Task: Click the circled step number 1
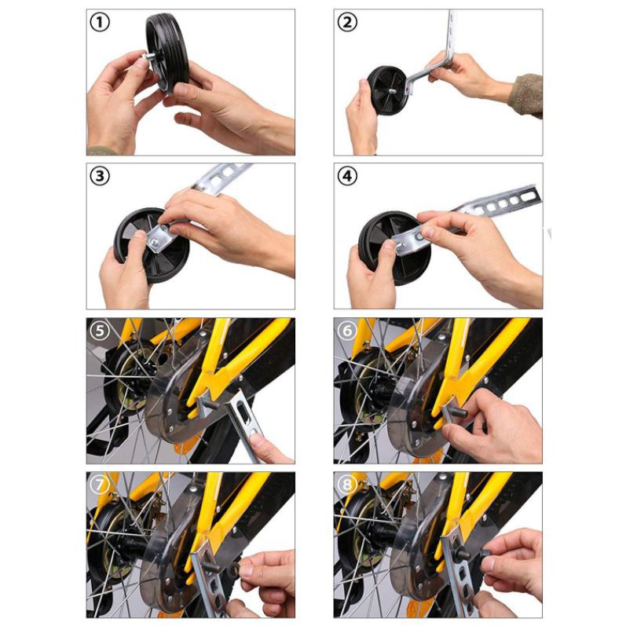(100, 22)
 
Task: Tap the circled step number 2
(347, 22)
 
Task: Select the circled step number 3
(100, 176)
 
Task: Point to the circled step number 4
(347, 176)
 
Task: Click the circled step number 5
(100, 331)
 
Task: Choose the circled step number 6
(347, 331)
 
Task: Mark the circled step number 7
(100, 485)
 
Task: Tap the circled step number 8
(347, 485)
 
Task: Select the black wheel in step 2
(386, 90)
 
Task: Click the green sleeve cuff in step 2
(525, 95)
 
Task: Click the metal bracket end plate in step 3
(159, 237)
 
